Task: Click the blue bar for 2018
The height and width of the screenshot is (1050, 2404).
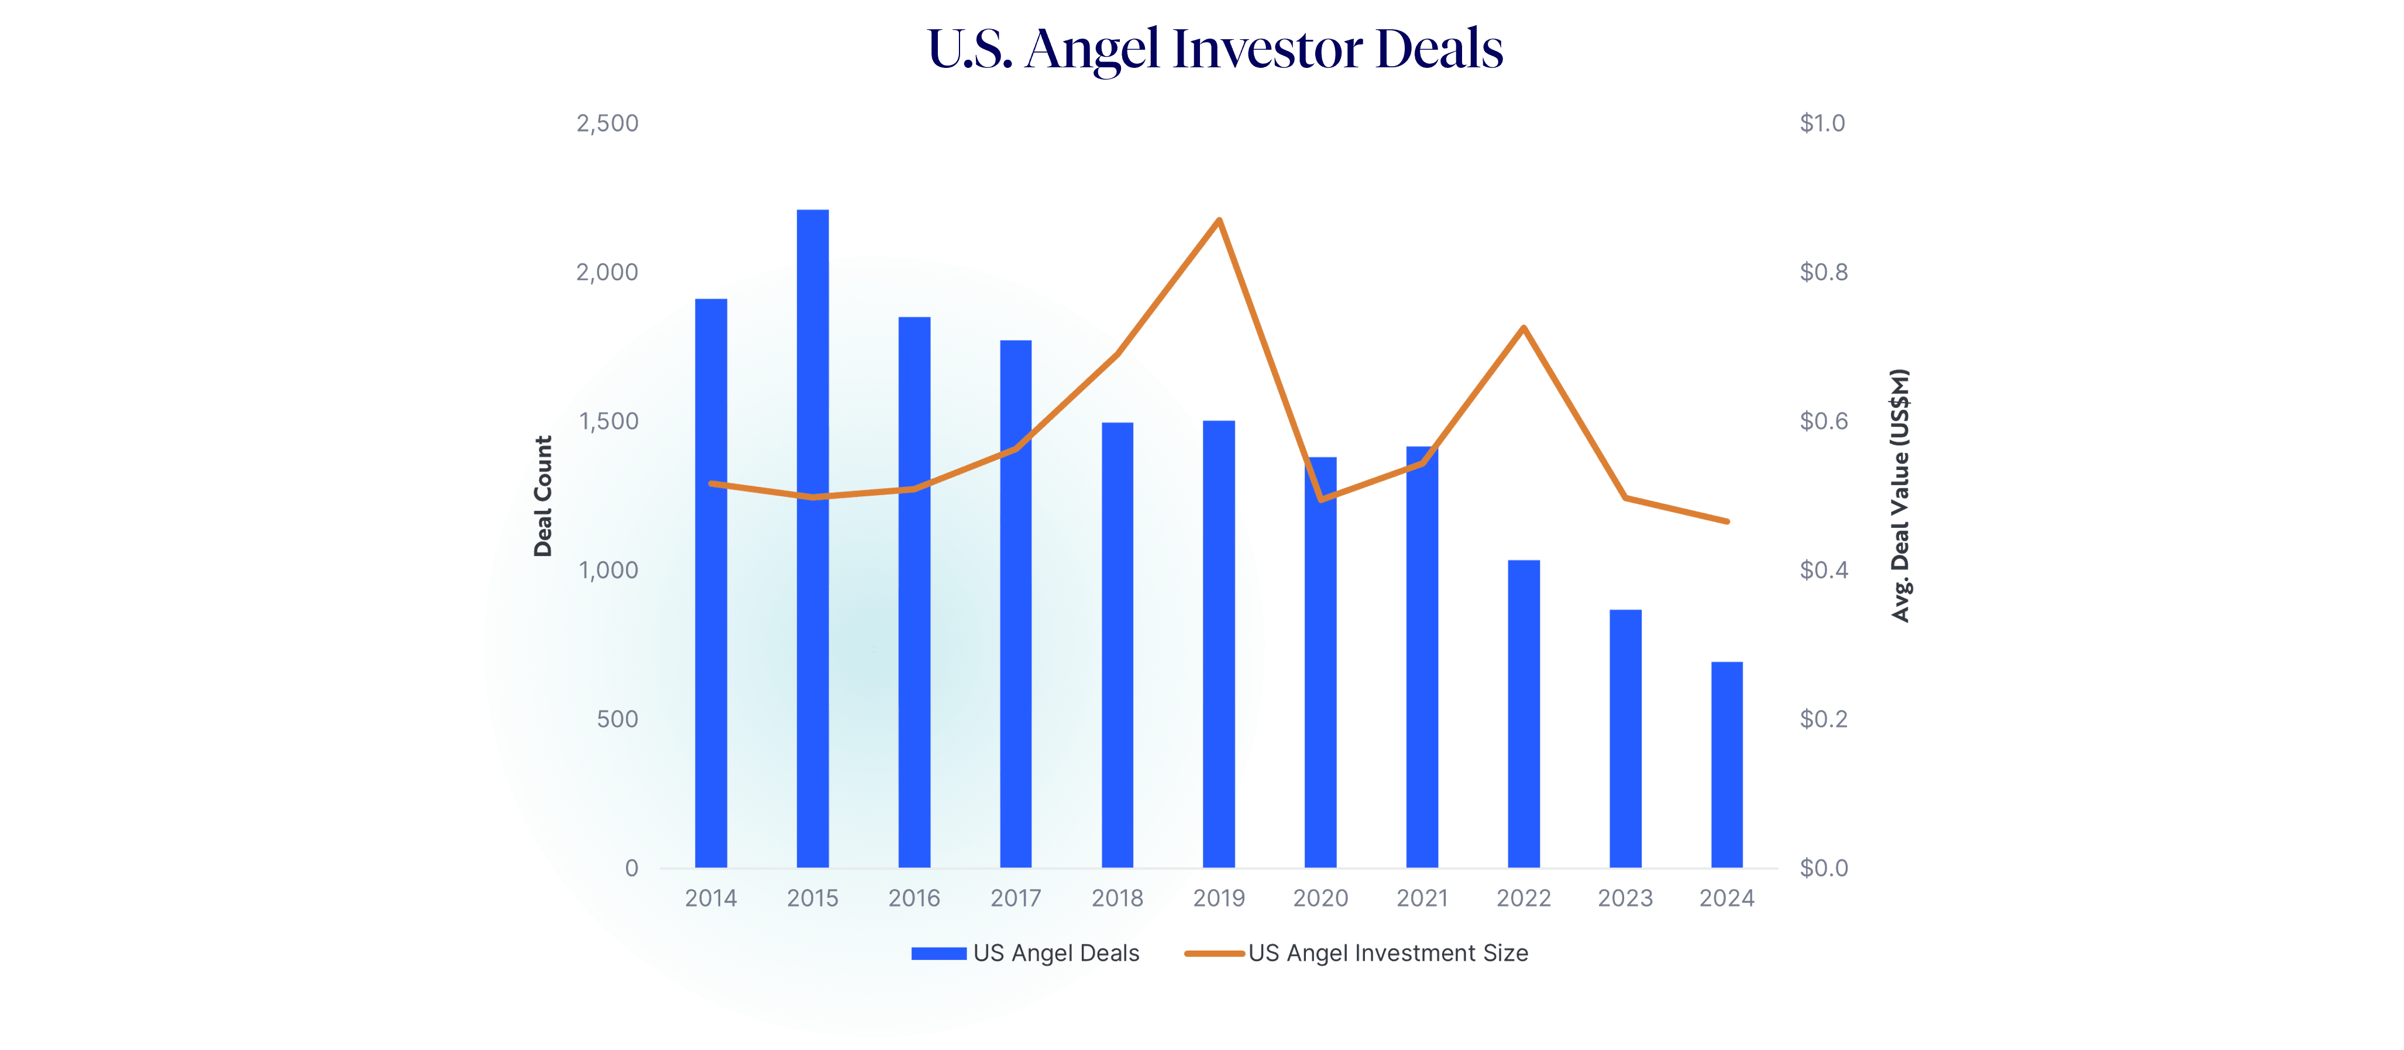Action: click(1117, 644)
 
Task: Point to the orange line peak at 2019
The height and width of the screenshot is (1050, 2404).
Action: click(1219, 220)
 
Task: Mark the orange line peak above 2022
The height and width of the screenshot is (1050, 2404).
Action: click(1523, 328)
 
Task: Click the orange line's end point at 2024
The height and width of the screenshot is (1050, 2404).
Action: click(1728, 521)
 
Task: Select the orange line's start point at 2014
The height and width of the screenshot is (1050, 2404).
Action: click(711, 483)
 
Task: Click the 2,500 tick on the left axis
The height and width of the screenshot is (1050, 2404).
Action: click(607, 123)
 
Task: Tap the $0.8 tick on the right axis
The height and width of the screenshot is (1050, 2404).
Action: click(1822, 273)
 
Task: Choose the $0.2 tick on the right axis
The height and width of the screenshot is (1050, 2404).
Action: click(1822, 719)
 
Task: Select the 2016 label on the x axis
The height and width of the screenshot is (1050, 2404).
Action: click(914, 898)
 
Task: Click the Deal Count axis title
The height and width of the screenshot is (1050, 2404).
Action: click(542, 496)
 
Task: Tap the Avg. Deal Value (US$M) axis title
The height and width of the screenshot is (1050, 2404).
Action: click(1900, 496)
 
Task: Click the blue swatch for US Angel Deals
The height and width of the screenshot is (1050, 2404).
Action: click(938, 953)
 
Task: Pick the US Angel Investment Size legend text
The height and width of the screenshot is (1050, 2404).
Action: click(1388, 953)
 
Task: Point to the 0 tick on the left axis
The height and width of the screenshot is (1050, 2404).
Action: click(632, 868)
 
